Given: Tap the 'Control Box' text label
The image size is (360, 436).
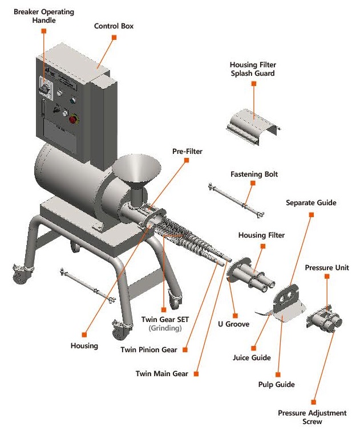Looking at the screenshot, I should coord(114,26).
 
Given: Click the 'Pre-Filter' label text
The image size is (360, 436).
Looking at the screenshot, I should coord(187,152).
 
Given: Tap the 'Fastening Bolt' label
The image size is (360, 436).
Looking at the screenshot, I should coord(254,174).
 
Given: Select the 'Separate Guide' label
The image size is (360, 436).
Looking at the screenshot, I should coord(311,202).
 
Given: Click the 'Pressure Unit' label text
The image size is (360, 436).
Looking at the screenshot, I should coord(327,267).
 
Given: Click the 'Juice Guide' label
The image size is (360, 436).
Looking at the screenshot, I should coord(252,358).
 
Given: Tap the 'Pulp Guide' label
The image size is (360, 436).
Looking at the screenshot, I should coord(277,385).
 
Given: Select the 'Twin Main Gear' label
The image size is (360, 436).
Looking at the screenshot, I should coord(161,374).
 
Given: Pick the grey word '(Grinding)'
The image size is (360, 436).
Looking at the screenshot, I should coord(165,328).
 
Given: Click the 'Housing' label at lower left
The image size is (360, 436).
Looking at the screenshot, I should coord(84,345).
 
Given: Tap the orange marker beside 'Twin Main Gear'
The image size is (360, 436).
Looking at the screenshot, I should coord(195,374).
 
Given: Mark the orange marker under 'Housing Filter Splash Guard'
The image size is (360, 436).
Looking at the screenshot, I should coord(254,83).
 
